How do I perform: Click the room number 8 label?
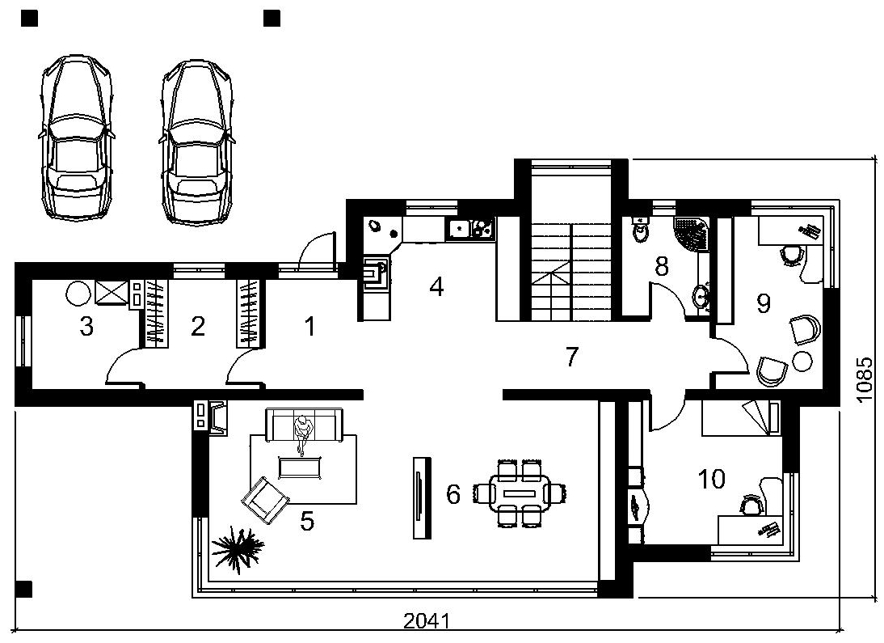[x=661, y=266]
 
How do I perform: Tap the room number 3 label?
[x=86, y=326]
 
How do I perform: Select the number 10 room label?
[x=712, y=480]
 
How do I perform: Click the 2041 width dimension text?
[x=427, y=621]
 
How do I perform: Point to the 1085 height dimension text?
[x=866, y=379]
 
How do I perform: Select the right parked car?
[x=196, y=141]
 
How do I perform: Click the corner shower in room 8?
[x=692, y=235]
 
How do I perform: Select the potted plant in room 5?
[x=238, y=547]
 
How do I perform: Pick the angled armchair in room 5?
[x=265, y=500]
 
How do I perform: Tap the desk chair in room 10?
[x=751, y=505]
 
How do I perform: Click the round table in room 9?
[x=802, y=361]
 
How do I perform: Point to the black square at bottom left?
[x=23, y=589]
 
